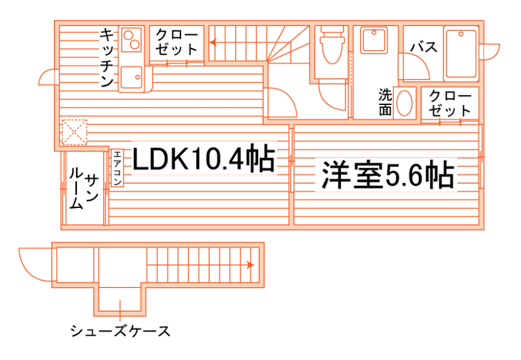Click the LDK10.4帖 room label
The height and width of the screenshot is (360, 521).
coord(203,160)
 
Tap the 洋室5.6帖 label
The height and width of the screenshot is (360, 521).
coord(386,176)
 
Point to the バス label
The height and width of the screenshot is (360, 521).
coord(425,47)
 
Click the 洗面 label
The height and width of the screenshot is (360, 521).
coord(385,102)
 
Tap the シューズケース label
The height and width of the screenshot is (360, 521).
coord(120,330)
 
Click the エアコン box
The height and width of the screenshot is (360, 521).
coord(117,168)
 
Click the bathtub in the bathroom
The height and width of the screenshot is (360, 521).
coord(461,54)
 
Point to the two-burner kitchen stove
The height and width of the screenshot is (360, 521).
coord(131,40)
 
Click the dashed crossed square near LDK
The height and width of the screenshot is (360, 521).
coord(74,132)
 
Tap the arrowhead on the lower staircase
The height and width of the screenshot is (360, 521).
coord(250,265)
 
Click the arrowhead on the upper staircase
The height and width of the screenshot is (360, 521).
coord(212,43)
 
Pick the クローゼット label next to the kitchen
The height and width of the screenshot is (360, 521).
coord(177,42)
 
